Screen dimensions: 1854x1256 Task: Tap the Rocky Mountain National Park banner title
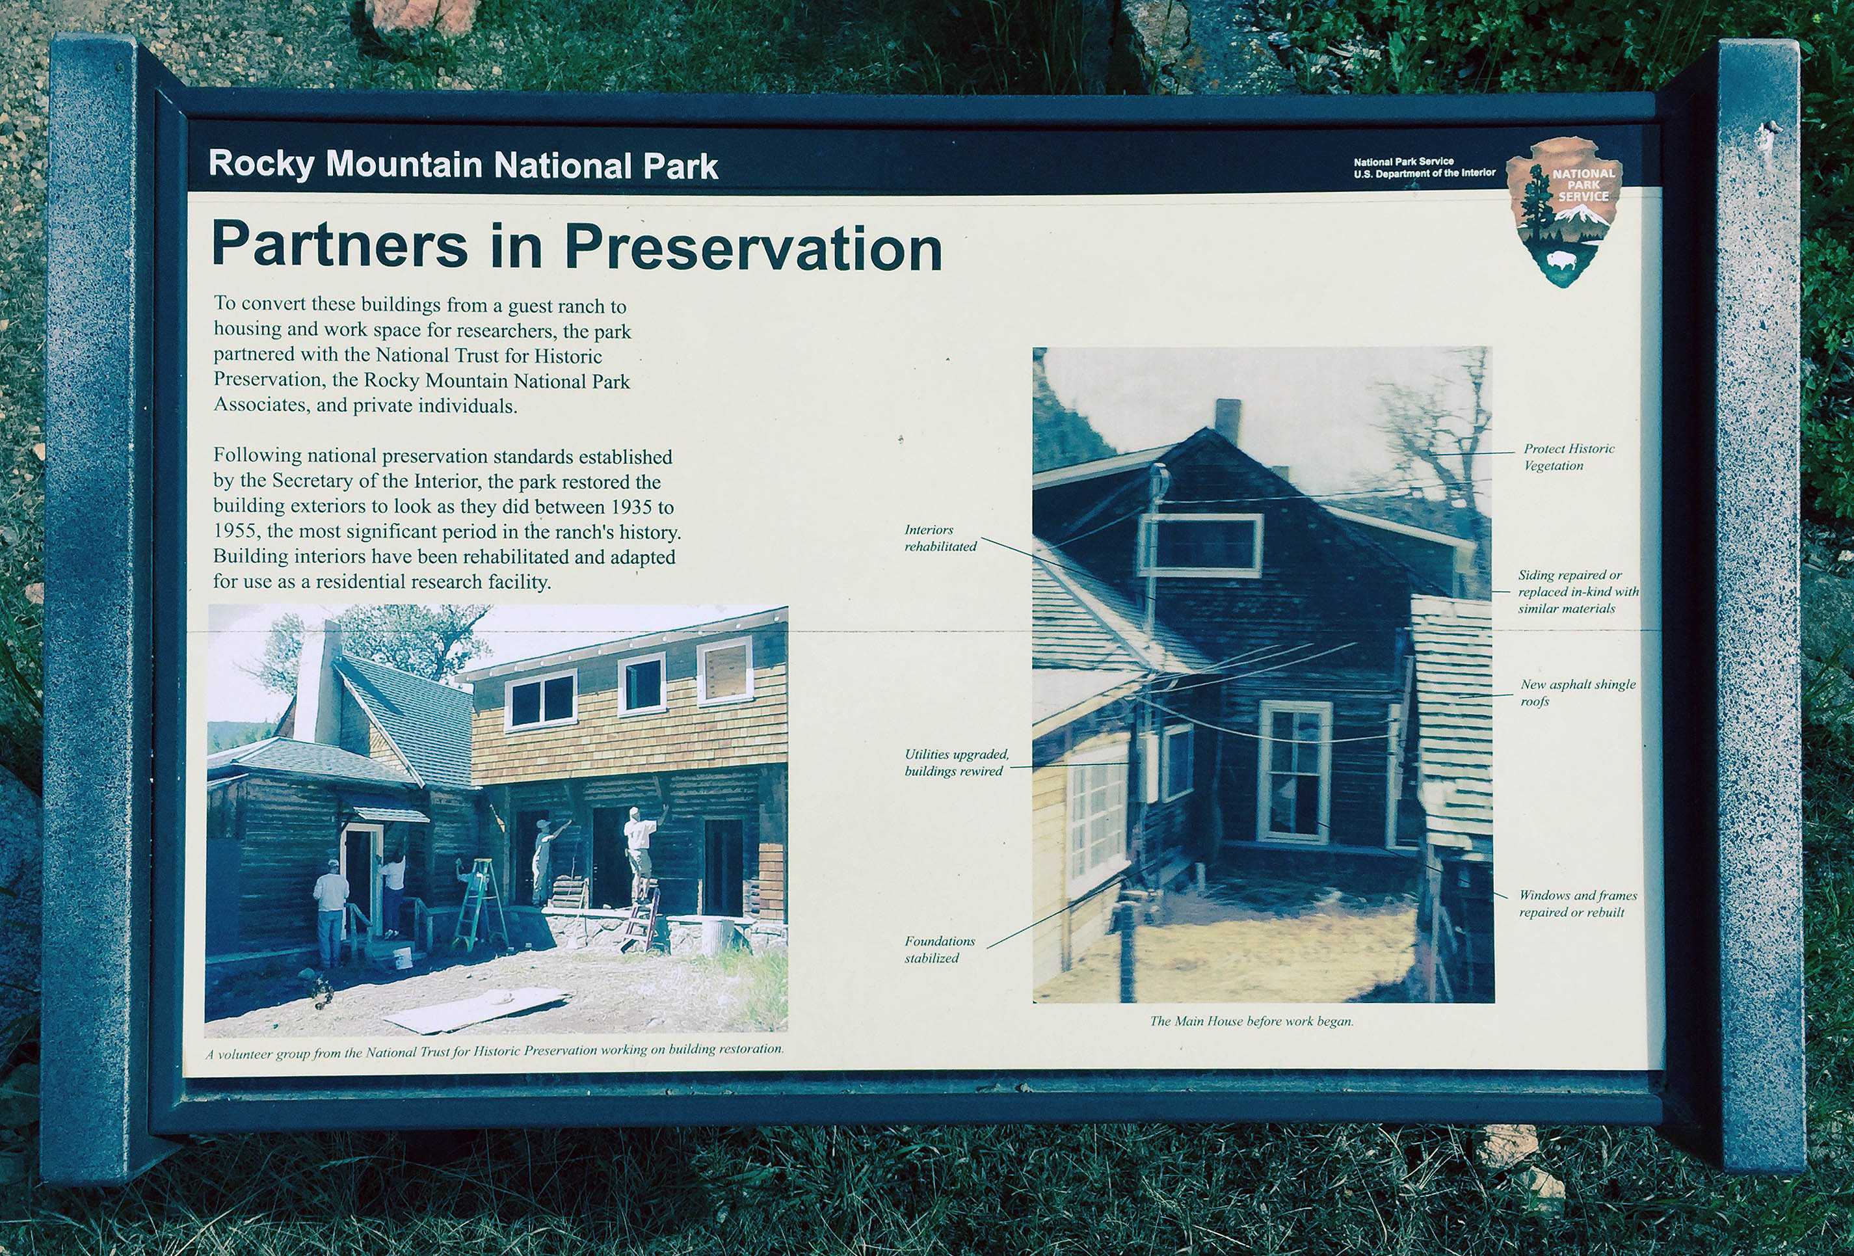pyautogui.click(x=463, y=165)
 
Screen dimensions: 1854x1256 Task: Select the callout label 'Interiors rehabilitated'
pyautogui.click(x=940, y=539)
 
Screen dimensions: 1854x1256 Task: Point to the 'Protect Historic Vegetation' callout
pyautogui.click(x=1569, y=457)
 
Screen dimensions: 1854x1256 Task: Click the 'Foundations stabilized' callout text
pyautogui.click(x=939, y=950)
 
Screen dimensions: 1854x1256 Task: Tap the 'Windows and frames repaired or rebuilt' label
pyautogui.click(x=1577, y=904)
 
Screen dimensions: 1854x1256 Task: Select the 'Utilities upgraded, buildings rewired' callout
pyautogui.click(x=956, y=763)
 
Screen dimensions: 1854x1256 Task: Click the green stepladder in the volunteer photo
pyautogui.click(x=481, y=904)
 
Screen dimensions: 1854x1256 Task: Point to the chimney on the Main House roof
pyautogui.click(x=1228, y=420)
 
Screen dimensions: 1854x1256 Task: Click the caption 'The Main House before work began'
pyautogui.click(x=1251, y=1021)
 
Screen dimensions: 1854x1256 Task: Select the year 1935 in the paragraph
pyautogui.click(x=634, y=507)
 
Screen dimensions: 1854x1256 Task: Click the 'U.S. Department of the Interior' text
pyautogui.click(x=1424, y=173)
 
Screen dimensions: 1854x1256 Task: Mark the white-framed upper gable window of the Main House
pyautogui.click(x=1200, y=545)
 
